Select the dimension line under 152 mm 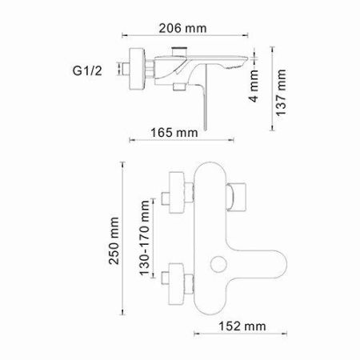(231, 338)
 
